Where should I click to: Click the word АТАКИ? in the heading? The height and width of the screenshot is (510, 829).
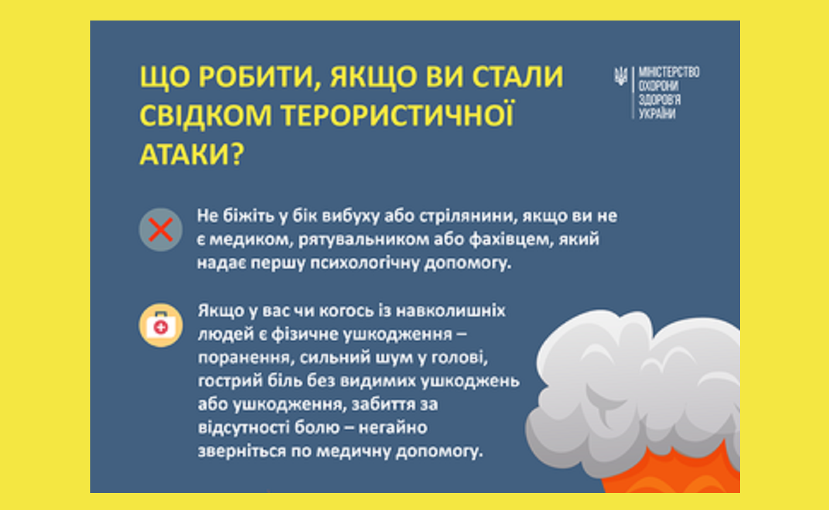pos(192,154)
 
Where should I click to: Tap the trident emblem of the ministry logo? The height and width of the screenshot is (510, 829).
pos(620,76)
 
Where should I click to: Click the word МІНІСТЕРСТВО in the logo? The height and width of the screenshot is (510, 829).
pos(669,72)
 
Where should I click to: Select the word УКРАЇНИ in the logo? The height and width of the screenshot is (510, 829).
pos(657,113)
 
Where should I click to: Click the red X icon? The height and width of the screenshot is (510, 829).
pos(161,230)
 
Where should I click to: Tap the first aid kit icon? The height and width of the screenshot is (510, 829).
pos(161,325)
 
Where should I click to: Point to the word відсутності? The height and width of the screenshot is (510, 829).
pos(244,428)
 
